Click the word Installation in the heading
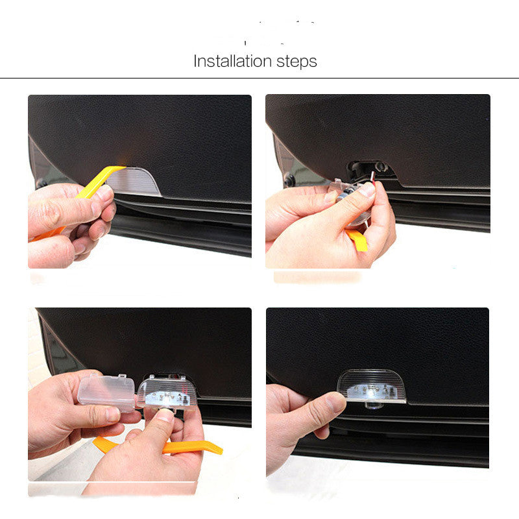pyautogui.click(x=232, y=62)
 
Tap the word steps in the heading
pyautogui.click(x=296, y=62)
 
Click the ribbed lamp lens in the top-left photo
pyautogui.click(x=139, y=181)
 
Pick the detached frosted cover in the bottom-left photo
pyautogui.click(x=106, y=391)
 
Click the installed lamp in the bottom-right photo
pyautogui.click(x=371, y=387)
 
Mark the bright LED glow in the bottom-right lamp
pyautogui.click(x=370, y=391)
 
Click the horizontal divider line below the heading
pyautogui.click(x=259, y=78)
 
